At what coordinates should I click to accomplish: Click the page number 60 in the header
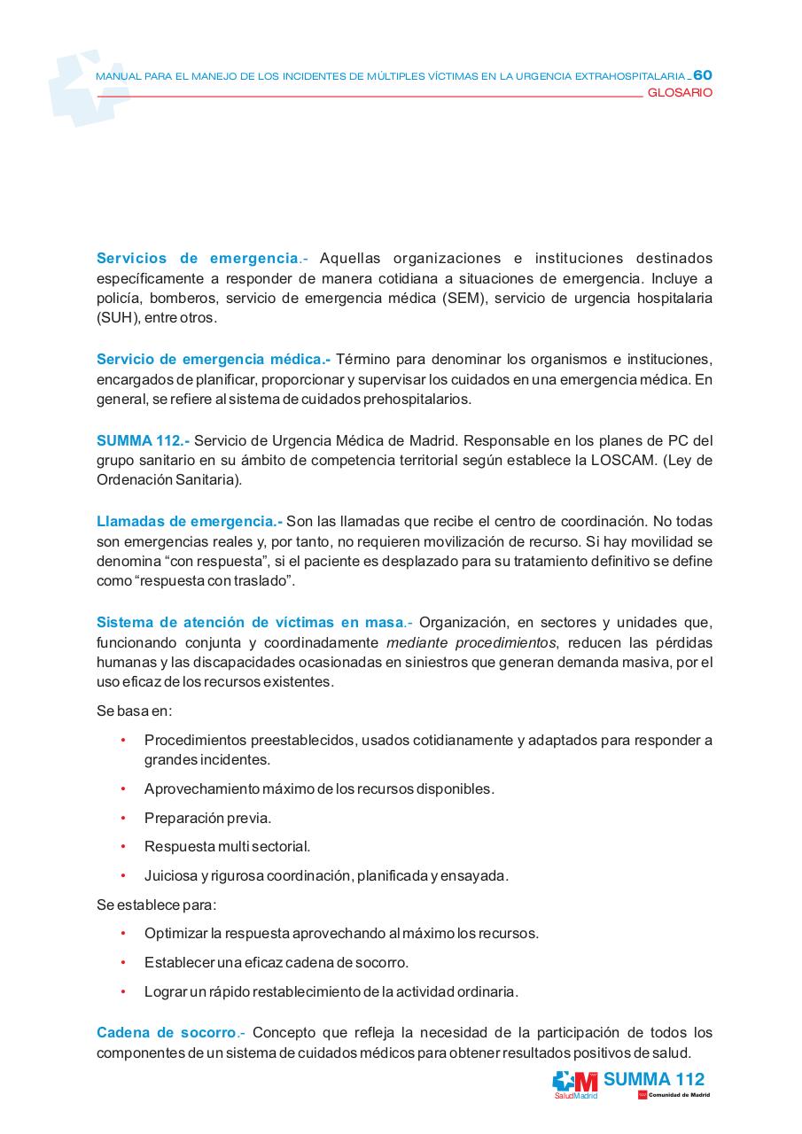(703, 75)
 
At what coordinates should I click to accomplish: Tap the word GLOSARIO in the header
(680, 93)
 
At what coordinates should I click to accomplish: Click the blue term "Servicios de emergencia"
(197, 259)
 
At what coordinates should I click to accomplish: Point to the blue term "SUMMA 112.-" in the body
(143, 440)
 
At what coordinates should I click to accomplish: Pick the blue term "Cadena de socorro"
(166, 1033)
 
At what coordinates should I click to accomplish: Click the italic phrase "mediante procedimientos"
(471, 642)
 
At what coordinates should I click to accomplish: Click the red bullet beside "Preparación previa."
(123, 818)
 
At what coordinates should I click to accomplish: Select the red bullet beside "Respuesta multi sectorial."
(123, 847)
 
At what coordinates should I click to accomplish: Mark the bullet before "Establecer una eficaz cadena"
(123, 962)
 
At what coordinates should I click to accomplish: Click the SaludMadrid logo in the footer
(575, 1084)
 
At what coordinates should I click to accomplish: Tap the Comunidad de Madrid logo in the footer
(674, 1096)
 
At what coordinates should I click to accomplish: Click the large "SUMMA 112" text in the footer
(654, 1079)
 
